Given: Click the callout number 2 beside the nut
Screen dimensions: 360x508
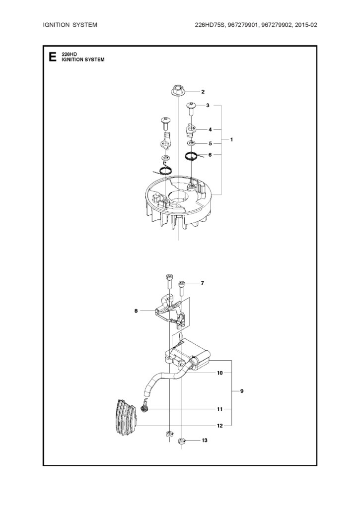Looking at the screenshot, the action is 203,92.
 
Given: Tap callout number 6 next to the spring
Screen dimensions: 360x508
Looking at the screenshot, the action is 210,155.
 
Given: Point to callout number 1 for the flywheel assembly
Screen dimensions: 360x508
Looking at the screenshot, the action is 231,139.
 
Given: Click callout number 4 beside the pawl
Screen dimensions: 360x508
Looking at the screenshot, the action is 210,129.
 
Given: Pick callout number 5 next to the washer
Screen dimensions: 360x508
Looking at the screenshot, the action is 210,143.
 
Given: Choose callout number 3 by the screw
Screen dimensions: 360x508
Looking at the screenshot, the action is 208,105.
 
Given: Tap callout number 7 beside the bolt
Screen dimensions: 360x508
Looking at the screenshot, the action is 203,283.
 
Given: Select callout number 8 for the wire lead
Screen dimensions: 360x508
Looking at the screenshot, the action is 136,311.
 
